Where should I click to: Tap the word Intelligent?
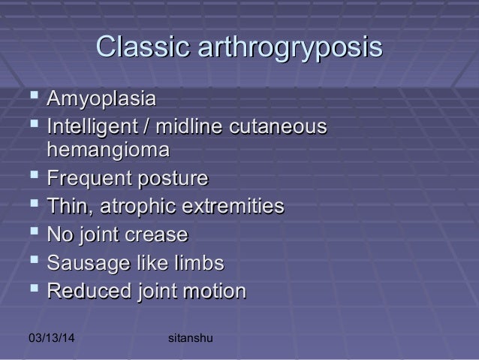[x=93, y=126]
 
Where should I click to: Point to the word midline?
[x=195, y=126]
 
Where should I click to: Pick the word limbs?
[x=198, y=263]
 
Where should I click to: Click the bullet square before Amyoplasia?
[x=30, y=98]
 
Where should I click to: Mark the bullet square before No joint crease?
[x=30, y=234]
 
